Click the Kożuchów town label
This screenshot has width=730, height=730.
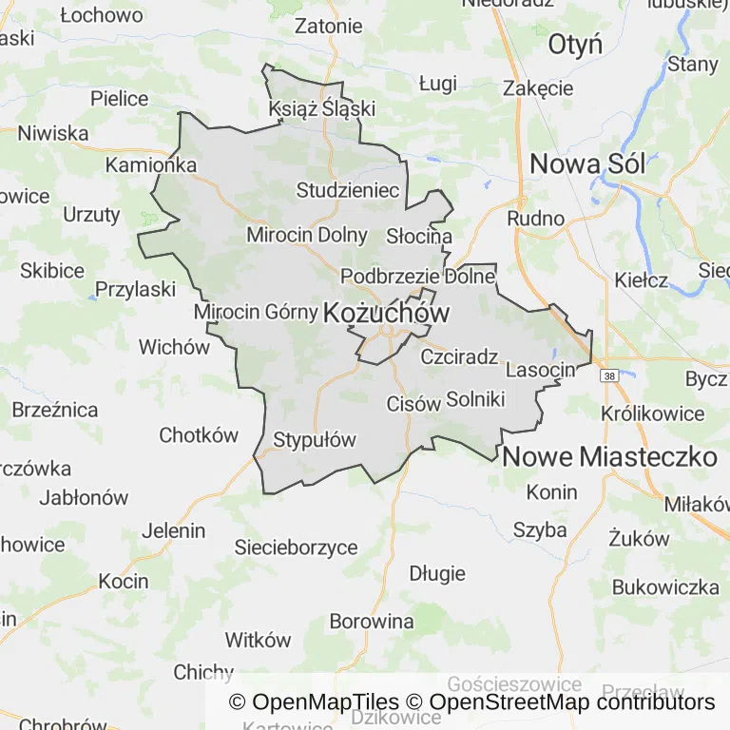point(387,312)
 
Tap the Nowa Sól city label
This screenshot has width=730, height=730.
point(587,163)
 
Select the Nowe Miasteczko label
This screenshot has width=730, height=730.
point(609,456)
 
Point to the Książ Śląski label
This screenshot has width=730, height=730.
point(322,108)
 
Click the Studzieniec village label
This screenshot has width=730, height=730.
point(348,190)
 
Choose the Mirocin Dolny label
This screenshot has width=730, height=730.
point(306,234)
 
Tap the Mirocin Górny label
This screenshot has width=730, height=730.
point(254,312)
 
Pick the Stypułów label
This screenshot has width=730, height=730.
point(314,440)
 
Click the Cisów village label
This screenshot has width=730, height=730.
point(413,403)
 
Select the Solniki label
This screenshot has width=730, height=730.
point(475,399)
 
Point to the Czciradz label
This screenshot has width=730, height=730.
point(459,357)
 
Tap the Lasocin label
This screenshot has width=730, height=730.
point(542,370)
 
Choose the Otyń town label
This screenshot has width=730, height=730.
point(576,45)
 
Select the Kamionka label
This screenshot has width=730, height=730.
point(151,164)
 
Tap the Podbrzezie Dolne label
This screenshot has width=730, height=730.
point(417,277)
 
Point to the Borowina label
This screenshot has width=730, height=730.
point(372,622)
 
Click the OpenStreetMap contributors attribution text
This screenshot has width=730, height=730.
point(571,702)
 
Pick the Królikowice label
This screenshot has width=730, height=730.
point(653,413)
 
